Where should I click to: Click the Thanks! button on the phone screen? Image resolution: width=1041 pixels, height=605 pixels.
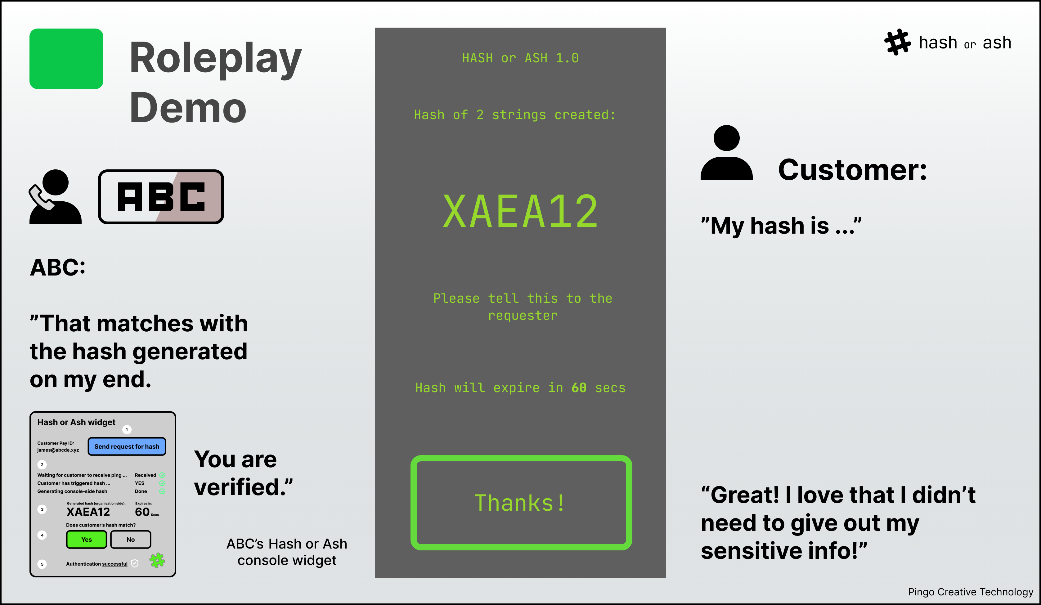[521, 503]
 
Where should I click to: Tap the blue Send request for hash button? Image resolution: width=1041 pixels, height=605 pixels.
[127, 446]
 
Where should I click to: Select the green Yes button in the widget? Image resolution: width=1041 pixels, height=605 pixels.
[86, 539]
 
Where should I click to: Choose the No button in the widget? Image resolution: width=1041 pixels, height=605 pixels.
[131, 539]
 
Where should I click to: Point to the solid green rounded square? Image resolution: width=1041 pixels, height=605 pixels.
[66, 59]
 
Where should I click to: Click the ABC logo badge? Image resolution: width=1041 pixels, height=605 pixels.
[161, 197]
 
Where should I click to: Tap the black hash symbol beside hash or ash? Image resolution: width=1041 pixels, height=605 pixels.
[897, 42]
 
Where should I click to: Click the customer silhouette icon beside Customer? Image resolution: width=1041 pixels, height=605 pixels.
[726, 153]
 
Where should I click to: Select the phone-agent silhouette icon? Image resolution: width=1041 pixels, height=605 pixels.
[55, 197]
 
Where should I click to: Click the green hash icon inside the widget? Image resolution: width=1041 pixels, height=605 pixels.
[157, 560]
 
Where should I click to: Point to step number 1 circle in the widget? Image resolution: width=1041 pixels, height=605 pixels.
[127, 429]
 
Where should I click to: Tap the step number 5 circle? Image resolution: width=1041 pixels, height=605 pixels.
[42, 564]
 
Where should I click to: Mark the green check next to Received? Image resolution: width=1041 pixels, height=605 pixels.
[162, 475]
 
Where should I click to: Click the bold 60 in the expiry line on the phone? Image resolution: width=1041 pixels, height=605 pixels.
[579, 388]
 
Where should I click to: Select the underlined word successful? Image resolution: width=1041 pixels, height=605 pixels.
[115, 564]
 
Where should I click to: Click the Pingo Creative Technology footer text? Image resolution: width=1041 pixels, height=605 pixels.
[970, 592]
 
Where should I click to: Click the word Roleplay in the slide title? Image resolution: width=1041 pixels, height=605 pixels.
[216, 59]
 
